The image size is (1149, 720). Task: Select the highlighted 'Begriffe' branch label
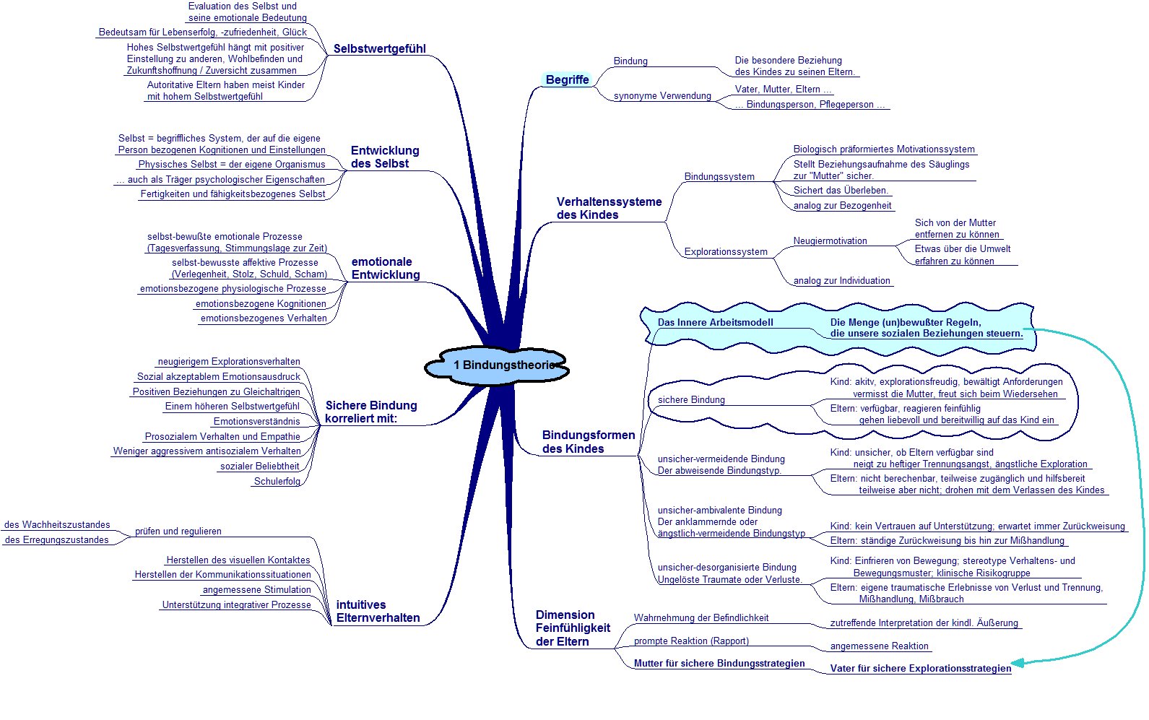pyautogui.click(x=567, y=79)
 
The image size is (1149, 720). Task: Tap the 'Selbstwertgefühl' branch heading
pyautogui.click(x=380, y=48)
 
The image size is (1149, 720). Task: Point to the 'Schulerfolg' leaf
pyautogui.click(x=277, y=481)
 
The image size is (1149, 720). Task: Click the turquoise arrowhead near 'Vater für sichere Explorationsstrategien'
pyautogui.click(x=1017, y=662)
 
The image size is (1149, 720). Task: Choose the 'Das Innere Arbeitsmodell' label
pyautogui.click(x=715, y=322)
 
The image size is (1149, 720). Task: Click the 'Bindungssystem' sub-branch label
pyautogui.click(x=719, y=176)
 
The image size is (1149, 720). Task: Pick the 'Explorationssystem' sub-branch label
pyautogui.click(x=726, y=252)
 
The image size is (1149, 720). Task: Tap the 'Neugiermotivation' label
pyautogui.click(x=830, y=240)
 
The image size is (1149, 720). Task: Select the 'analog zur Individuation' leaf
pyautogui.click(x=842, y=280)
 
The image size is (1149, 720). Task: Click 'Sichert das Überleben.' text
pyautogui.click(x=841, y=190)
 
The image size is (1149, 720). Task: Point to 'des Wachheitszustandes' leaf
pyautogui.click(x=57, y=524)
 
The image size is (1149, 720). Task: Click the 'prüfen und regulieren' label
pyautogui.click(x=178, y=532)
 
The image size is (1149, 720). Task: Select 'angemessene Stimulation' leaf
pyautogui.click(x=256, y=590)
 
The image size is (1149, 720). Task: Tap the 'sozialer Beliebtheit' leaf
pyautogui.click(x=259, y=466)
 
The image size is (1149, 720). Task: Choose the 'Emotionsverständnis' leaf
pyautogui.click(x=256, y=422)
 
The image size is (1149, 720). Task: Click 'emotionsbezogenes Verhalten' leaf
pyautogui.click(x=264, y=318)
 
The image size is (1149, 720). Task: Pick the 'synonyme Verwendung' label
pyautogui.click(x=662, y=96)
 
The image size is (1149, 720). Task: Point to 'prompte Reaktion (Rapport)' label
pyautogui.click(x=691, y=641)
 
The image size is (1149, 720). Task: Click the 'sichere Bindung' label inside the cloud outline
pyautogui.click(x=691, y=399)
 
